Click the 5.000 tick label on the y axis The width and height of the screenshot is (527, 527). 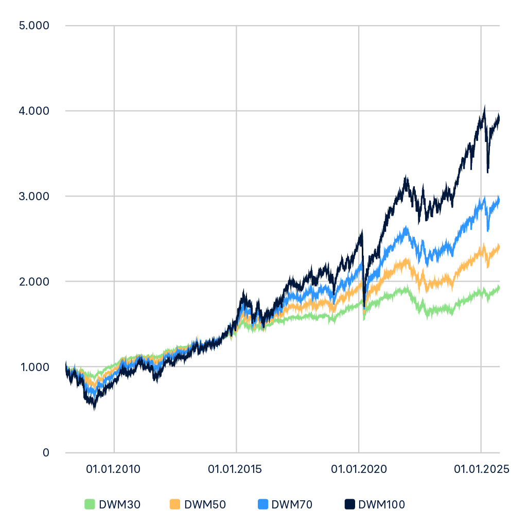tap(33, 25)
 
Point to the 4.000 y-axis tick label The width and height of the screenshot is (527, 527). tap(33, 111)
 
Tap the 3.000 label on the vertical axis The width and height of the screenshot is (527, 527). tap(33, 196)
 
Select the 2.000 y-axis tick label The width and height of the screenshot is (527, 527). tap(33, 282)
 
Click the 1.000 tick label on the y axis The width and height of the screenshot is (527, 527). tap(33, 367)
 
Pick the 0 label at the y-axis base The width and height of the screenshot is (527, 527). tap(45, 452)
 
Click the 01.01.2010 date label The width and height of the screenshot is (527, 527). tap(113, 469)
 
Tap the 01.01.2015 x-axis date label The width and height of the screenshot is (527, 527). tap(235, 469)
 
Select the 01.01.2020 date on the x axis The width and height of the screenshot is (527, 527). tap(358, 469)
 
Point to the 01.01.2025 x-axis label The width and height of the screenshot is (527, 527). tap(481, 469)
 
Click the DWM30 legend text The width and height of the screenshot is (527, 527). tap(119, 504)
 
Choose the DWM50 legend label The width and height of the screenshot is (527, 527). tap(205, 504)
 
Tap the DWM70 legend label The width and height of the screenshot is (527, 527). tap(291, 504)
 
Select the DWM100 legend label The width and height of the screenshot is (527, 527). tap(381, 504)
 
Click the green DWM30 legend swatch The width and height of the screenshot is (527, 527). tap(90, 504)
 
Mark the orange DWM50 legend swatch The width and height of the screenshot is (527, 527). tap(175, 504)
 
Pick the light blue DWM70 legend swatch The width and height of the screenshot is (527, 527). tap(262, 504)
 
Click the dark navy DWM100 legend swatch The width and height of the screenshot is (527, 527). tap(350, 504)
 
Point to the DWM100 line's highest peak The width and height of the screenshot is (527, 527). tap(484, 106)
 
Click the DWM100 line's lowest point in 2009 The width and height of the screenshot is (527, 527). tap(94, 410)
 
